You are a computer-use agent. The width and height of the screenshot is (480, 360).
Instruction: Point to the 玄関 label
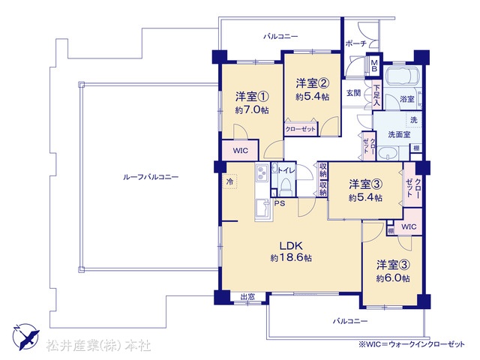pyautogui.click(x=353, y=93)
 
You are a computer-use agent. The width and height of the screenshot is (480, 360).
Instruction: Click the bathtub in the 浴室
pyautogui.click(x=401, y=77)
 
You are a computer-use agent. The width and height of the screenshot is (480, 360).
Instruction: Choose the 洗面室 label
pyautogui.click(x=398, y=135)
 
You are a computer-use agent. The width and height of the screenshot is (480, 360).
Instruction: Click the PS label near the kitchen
pyautogui.click(x=278, y=202)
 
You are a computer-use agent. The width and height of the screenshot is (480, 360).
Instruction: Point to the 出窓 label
pyautogui.click(x=247, y=297)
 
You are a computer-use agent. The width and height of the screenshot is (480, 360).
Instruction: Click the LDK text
pyautogui.click(x=291, y=245)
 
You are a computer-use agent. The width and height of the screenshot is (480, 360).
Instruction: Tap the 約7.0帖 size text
pyautogui.click(x=250, y=109)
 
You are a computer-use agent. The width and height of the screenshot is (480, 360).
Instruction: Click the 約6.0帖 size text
pyautogui.click(x=392, y=278)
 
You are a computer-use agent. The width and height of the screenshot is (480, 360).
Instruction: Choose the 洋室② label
pyautogui.click(x=312, y=82)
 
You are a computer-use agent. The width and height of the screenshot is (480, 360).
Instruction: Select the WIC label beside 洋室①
pyautogui.click(x=240, y=150)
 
